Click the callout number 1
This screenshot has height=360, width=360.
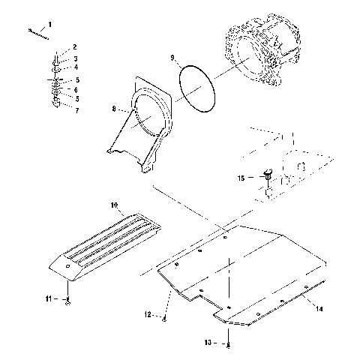tap(50, 25)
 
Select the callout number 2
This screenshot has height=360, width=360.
tap(73, 47)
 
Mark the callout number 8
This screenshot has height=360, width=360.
tap(115, 109)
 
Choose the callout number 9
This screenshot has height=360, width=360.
tap(172, 57)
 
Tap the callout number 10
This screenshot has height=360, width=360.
tap(114, 205)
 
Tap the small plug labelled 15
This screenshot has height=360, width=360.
tap(268, 178)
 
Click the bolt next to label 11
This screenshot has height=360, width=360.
tap(67, 299)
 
